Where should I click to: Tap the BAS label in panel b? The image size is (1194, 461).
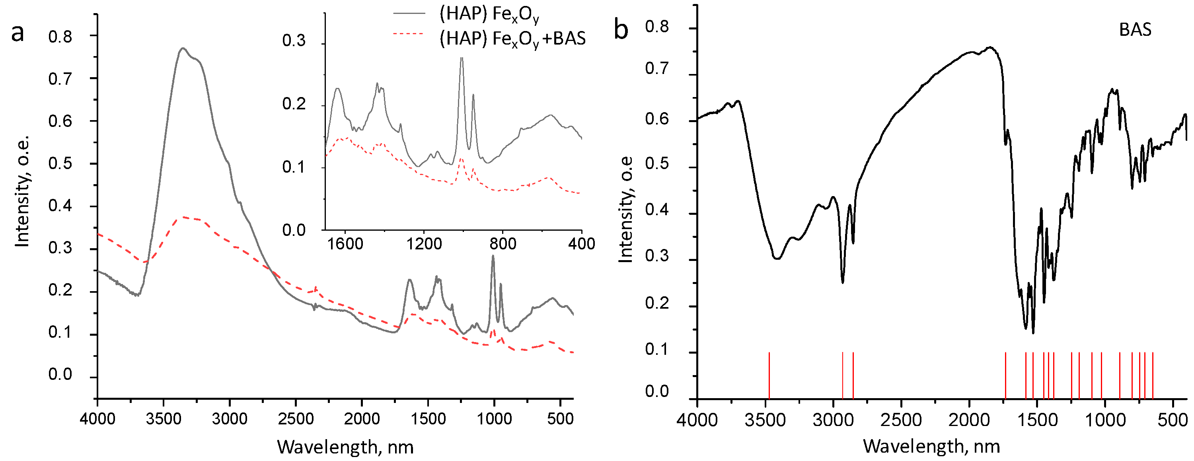(x=1135, y=30)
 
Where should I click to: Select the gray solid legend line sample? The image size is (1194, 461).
(x=409, y=14)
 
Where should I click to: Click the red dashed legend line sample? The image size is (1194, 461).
(x=409, y=34)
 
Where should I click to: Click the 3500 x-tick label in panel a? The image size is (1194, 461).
(x=163, y=419)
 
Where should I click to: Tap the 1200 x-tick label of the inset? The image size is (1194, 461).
(x=424, y=244)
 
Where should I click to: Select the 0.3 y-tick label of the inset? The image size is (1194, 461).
(x=294, y=41)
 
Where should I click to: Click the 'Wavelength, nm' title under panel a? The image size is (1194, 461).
(x=345, y=447)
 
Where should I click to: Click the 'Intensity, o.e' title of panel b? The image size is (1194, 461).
(x=626, y=210)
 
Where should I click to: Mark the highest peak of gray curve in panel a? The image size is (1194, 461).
(x=183, y=48)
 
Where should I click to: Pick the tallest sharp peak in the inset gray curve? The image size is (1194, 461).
(x=461, y=58)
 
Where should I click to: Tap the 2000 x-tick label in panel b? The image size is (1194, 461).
(x=969, y=420)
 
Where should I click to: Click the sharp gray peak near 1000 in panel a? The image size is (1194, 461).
(x=493, y=256)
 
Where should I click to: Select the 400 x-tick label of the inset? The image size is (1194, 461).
(x=581, y=244)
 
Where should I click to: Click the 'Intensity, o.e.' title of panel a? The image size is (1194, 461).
(x=22, y=191)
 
